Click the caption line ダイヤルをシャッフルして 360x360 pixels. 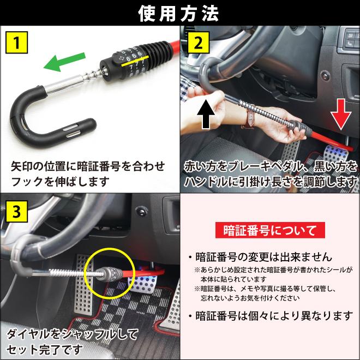coord(73,333)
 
